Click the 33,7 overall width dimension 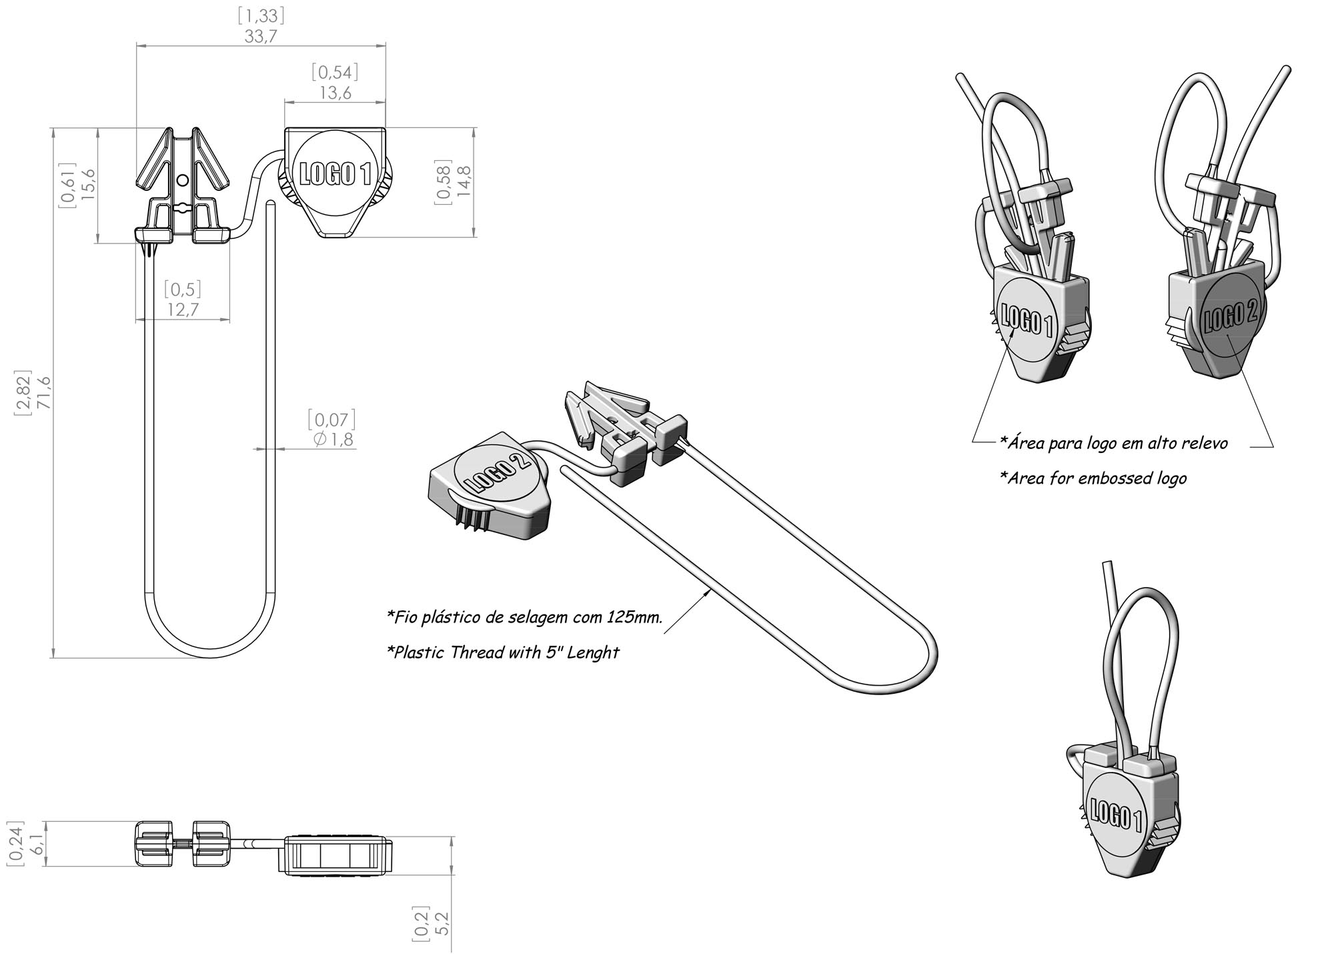260,36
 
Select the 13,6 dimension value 335,92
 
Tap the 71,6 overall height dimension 44,392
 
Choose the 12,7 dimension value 183,310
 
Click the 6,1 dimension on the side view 38,843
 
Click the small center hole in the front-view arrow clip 183,179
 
